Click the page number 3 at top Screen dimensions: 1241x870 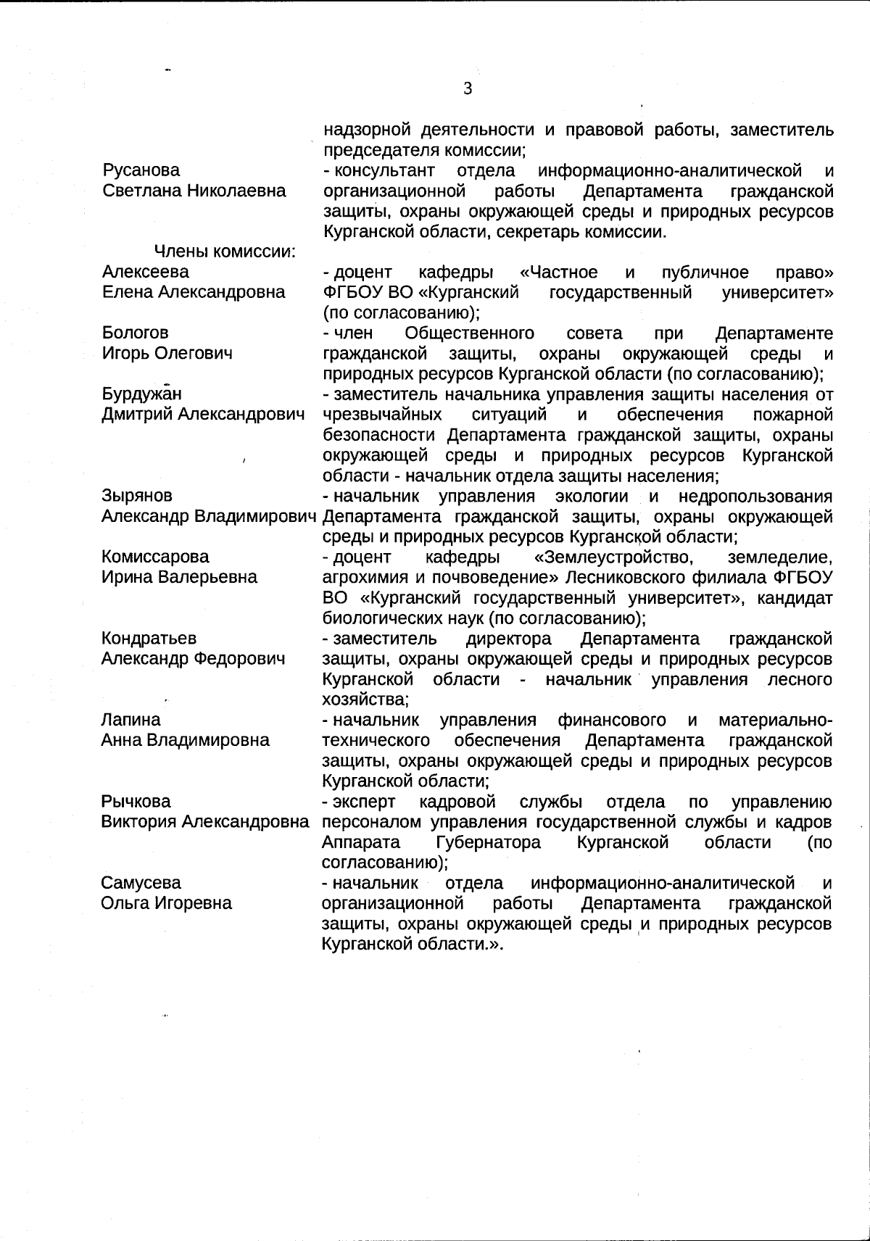click(x=468, y=88)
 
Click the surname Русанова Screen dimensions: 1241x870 click(x=141, y=170)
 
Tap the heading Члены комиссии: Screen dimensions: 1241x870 click(x=225, y=252)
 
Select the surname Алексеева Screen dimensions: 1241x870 click(x=145, y=272)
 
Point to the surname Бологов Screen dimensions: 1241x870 click(x=135, y=333)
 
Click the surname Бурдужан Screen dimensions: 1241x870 click(x=141, y=394)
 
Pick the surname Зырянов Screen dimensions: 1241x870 click(x=137, y=496)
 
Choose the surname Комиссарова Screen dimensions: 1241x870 click(x=155, y=557)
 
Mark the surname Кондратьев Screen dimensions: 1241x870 click(x=149, y=639)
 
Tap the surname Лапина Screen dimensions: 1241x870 click(x=130, y=720)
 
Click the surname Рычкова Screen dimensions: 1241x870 click(x=136, y=802)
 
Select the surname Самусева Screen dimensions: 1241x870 click(x=141, y=883)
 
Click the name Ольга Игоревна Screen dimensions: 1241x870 click(x=167, y=903)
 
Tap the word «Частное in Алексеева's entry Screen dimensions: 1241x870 click(x=559, y=273)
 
